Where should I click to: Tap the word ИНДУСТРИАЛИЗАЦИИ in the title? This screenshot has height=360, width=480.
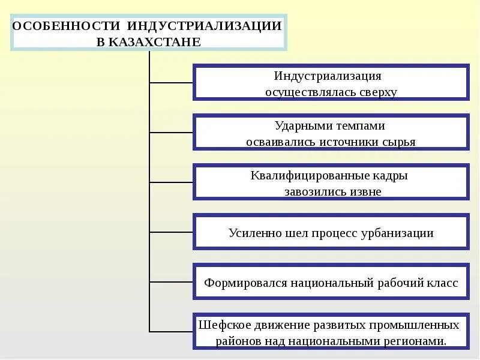click(x=204, y=26)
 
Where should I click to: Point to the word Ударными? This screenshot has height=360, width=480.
click(x=301, y=126)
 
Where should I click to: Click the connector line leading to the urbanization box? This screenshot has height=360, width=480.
click(x=170, y=232)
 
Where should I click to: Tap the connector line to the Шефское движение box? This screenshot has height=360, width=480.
click(x=170, y=331)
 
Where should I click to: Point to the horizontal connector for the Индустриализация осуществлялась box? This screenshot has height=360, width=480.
click(x=170, y=83)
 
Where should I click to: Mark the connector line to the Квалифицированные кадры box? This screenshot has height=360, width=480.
click(x=170, y=182)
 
